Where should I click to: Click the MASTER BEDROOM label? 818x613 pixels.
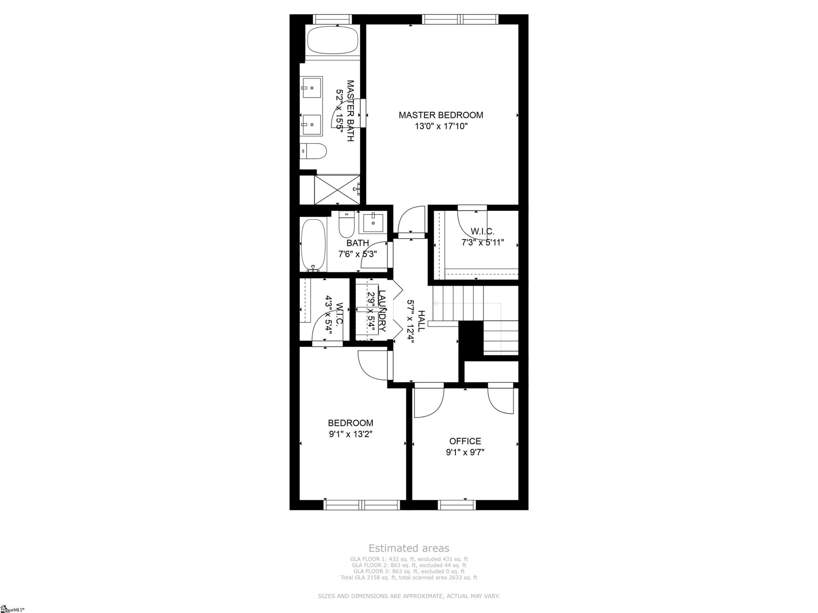(441, 115)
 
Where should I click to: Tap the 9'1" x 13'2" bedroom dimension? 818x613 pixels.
(350, 434)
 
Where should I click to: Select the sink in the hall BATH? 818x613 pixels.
(373, 223)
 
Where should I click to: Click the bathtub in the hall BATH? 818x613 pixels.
(313, 245)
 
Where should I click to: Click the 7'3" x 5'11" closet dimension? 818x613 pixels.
(482, 243)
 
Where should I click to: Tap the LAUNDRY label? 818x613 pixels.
(382, 311)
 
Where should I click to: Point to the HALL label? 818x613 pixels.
(421, 321)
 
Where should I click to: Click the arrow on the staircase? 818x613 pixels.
(436, 303)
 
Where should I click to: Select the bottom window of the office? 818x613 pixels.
(457, 505)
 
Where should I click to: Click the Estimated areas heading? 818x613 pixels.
(409, 548)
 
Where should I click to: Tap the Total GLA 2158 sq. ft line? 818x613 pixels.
(409, 578)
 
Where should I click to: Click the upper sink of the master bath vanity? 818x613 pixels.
(311, 88)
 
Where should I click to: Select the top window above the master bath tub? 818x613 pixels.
(333, 19)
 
